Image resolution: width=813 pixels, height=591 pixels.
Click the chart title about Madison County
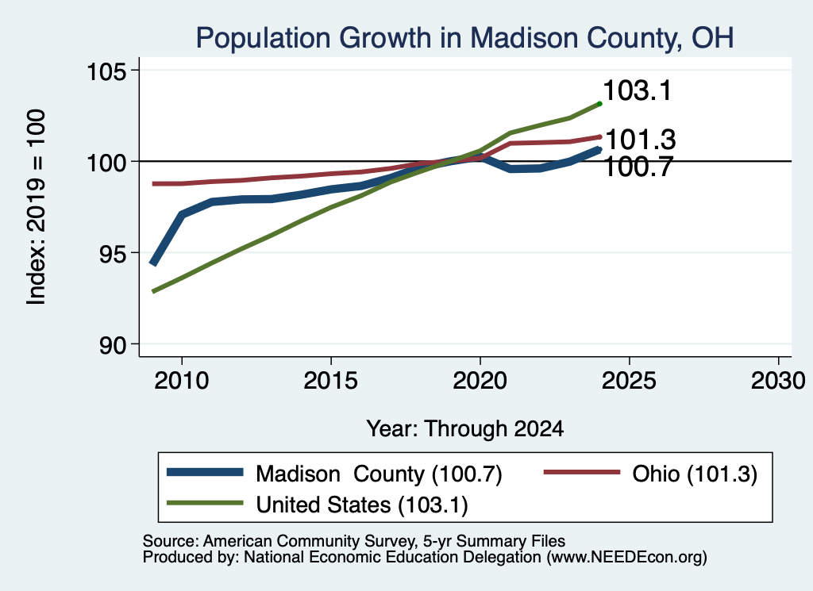tap(464, 38)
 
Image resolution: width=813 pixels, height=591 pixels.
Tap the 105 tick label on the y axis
tap(106, 71)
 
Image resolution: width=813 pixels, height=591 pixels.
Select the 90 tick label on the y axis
tap(113, 344)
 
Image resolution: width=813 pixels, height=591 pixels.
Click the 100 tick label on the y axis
tap(106, 162)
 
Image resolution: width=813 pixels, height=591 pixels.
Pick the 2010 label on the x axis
tap(182, 381)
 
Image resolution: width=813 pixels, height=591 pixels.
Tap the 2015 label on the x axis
tap(331, 381)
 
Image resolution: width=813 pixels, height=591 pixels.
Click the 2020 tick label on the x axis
tap(480, 381)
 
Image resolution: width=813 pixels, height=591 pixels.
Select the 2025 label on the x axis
tap(629, 381)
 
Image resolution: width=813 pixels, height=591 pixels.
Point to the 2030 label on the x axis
tap(778, 381)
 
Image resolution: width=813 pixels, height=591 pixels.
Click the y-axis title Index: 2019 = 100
tap(37, 207)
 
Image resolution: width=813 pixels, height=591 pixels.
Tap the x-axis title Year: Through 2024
tap(465, 429)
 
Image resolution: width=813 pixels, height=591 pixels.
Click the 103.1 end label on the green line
tap(638, 90)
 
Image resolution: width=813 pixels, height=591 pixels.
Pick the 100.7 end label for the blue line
tap(638, 167)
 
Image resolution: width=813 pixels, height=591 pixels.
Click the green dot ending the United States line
tap(600, 104)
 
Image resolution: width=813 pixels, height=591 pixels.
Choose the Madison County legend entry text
tap(379, 474)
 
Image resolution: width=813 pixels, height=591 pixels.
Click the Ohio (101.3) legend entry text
tap(695, 474)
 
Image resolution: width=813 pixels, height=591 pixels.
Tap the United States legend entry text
tap(362, 505)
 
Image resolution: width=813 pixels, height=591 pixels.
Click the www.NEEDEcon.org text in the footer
tap(626, 558)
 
